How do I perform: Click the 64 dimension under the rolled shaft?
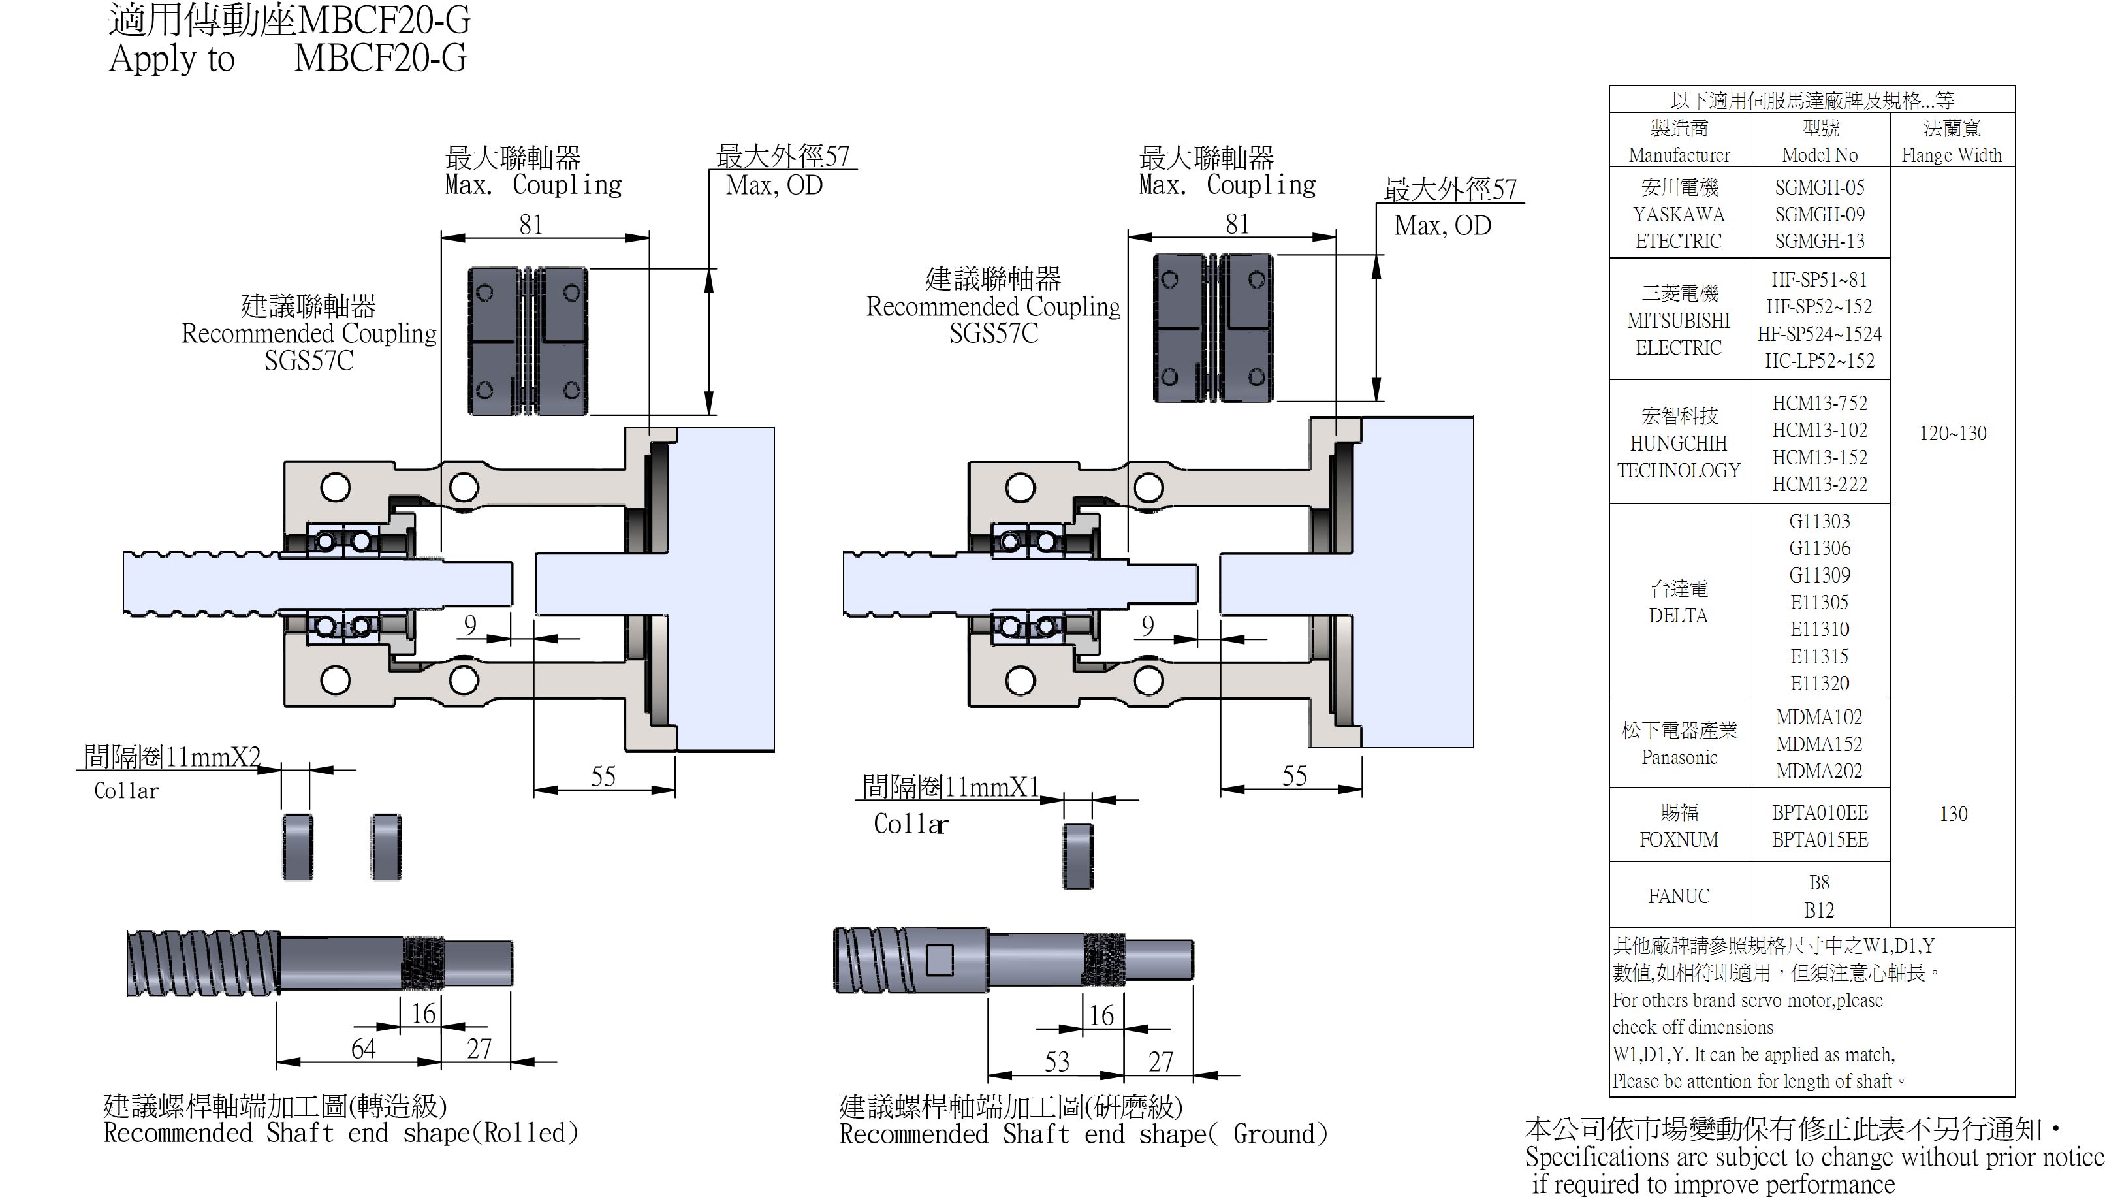(x=362, y=1049)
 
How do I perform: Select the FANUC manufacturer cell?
(x=1679, y=896)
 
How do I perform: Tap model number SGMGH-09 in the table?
(x=1819, y=215)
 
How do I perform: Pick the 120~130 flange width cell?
(x=1952, y=433)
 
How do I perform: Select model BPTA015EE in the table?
(x=1819, y=840)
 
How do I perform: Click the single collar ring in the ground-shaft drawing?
(x=1077, y=857)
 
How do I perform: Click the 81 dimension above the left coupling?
(x=531, y=225)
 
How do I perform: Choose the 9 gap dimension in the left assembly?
(x=469, y=625)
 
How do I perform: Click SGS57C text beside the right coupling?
(x=993, y=334)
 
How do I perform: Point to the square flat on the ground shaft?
(x=939, y=959)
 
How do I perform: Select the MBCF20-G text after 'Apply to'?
(x=380, y=58)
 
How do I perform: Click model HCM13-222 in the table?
(x=1819, y=485)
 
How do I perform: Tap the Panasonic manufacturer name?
(x=1679, y=757)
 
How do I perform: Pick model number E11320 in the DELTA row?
(x=1819, y=683)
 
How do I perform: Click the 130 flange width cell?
(x=1953, y=814)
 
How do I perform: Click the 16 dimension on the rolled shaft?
(x=422, y=1013)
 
